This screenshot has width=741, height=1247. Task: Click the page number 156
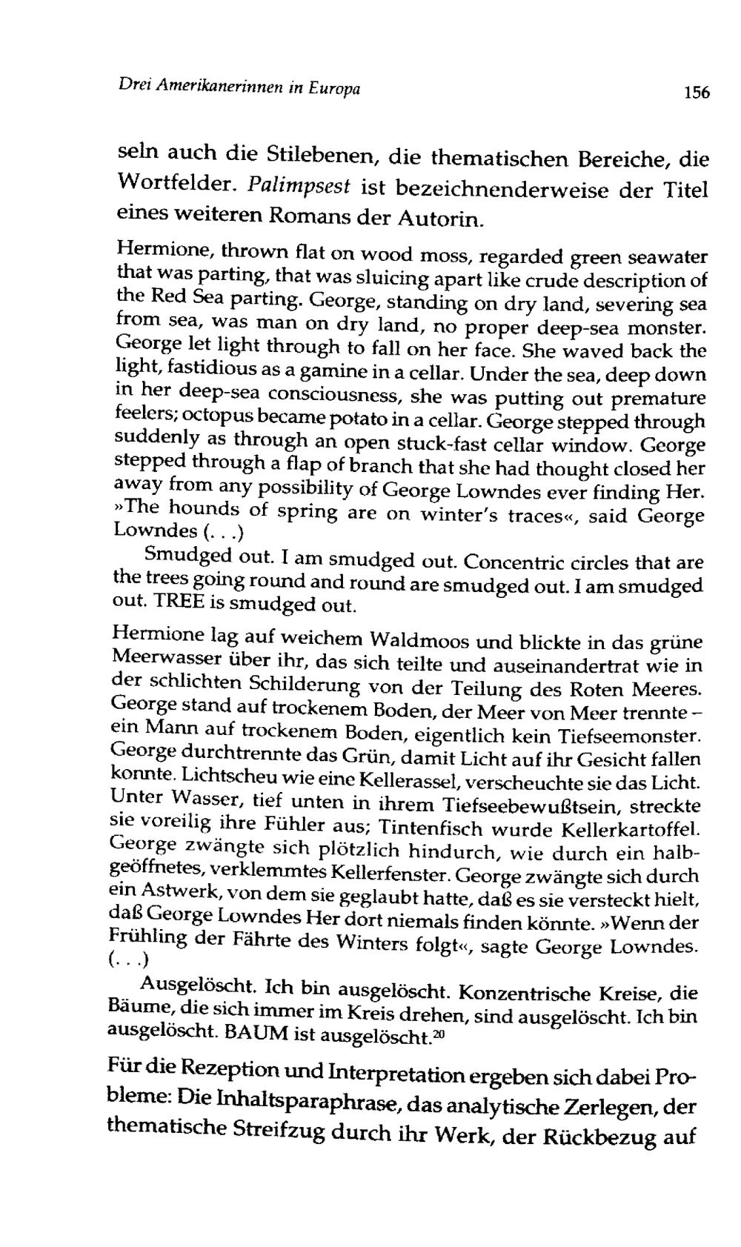[x=697, y=93]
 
